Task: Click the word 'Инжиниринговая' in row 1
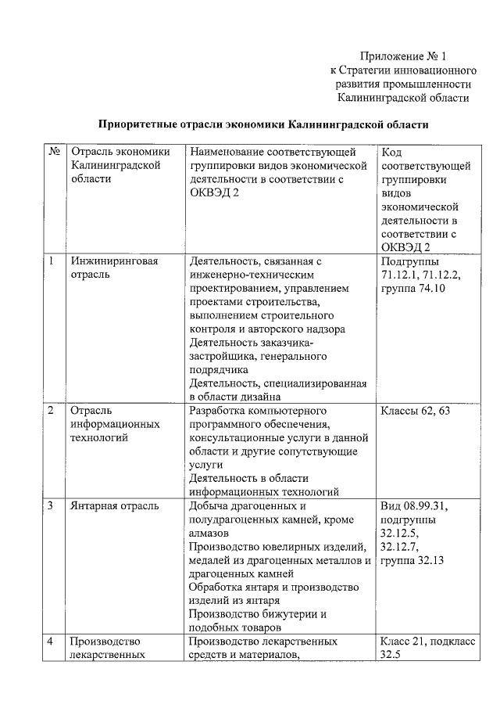(114, 261)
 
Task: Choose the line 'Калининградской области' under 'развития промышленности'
(403, 98)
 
